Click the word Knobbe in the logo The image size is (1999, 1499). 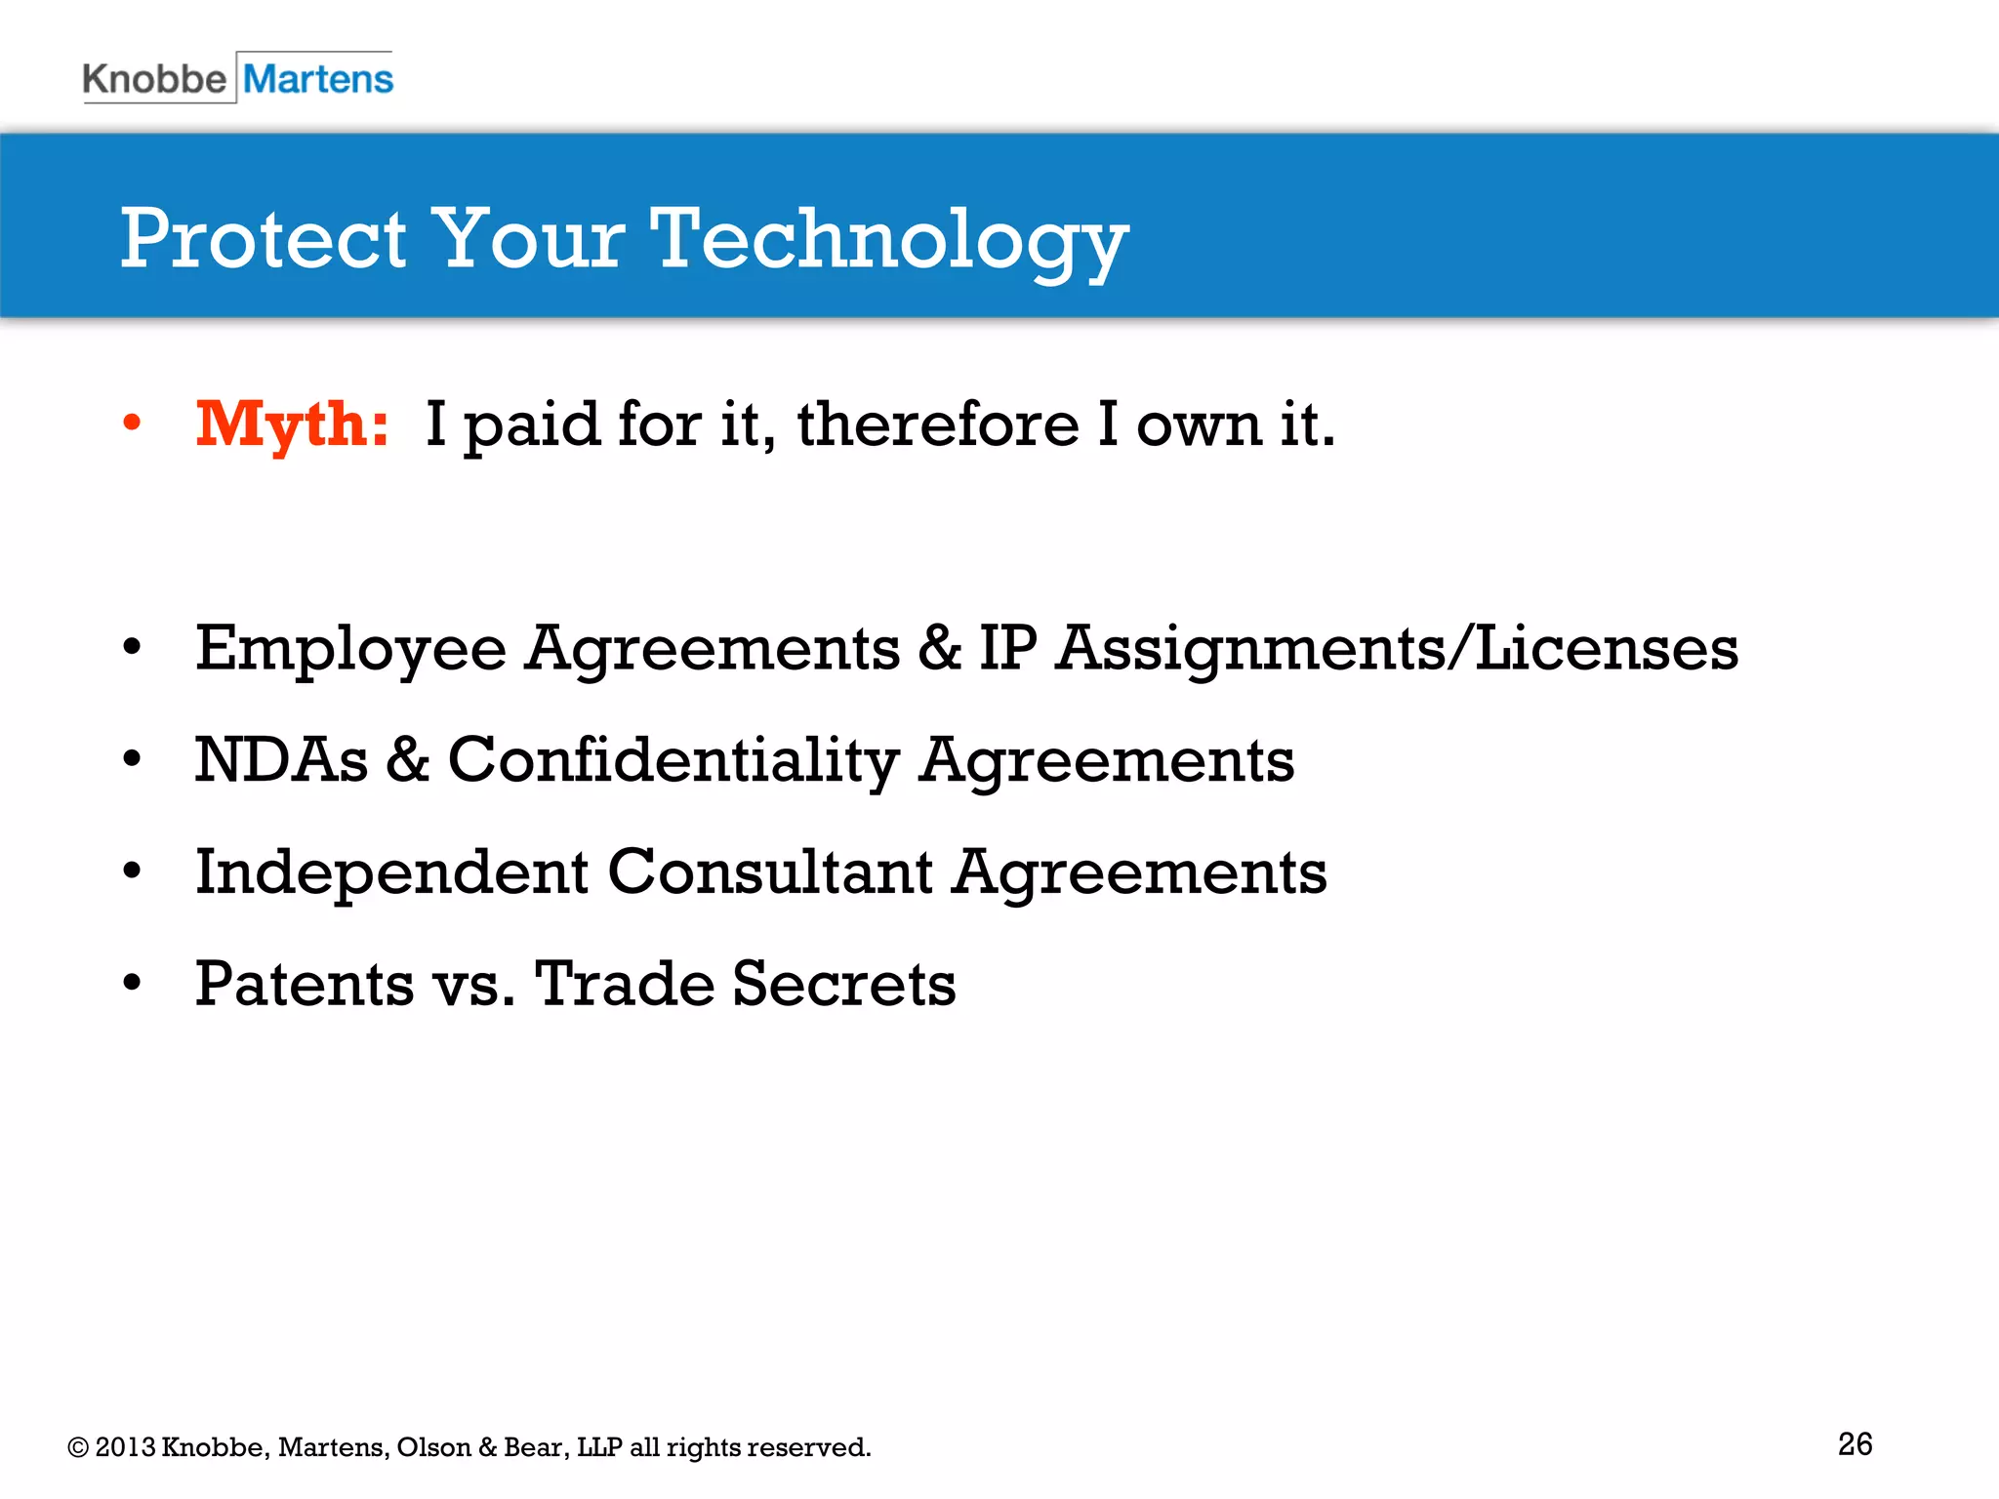[x=154, y=78]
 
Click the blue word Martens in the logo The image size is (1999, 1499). [x=318, y=78]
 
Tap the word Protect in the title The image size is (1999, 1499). [x=263, y=240]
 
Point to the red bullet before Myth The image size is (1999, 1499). [x=132, y=424]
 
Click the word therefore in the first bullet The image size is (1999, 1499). [x=938, y=425]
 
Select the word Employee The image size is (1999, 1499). [x=350, y=649]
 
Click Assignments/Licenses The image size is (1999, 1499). [x=1397, y=649]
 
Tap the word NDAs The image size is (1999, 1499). [x=281, y=760]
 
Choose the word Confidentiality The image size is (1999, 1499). [x=673, y=760]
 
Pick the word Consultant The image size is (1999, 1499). [x=770, y=871]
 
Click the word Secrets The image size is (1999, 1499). [x=843, y=984]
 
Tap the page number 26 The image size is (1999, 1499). [x=1855, y=1444]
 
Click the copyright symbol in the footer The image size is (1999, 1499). [x=78, y=1448]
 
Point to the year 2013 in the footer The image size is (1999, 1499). [x=126, y=1447]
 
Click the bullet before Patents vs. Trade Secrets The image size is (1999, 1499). [x=132, y=983]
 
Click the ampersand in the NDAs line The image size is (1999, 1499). [x=407, y=760]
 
